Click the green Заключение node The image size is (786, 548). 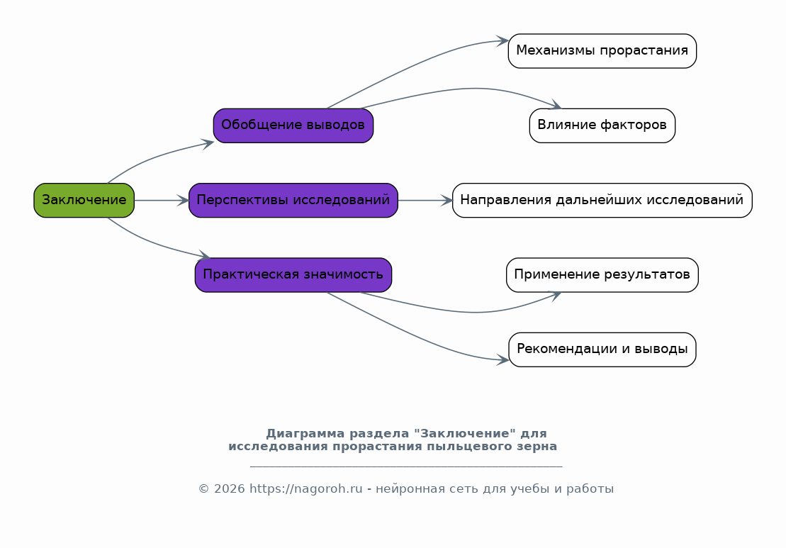(x=84, y=200)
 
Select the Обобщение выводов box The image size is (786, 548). (x=293, y=125)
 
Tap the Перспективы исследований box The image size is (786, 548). (x=293, y=200)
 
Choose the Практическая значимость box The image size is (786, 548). (x=293, y=275)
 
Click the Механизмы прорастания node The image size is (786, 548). (x=602, y=50)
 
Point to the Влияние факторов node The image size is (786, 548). (x=602, y=125)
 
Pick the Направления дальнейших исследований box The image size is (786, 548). (x=602, y=200)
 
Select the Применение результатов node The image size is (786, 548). (x=602, y=275)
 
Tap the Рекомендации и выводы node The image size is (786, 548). (x=602, y=350)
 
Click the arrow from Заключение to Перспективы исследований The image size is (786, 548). (x=162, y=200)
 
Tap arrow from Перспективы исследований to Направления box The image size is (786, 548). (x=425, y=200)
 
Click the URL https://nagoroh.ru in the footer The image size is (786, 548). (x=305, y=488)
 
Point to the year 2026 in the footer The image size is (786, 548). (x=230, y=489)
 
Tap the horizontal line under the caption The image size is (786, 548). (x=406, y=466)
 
